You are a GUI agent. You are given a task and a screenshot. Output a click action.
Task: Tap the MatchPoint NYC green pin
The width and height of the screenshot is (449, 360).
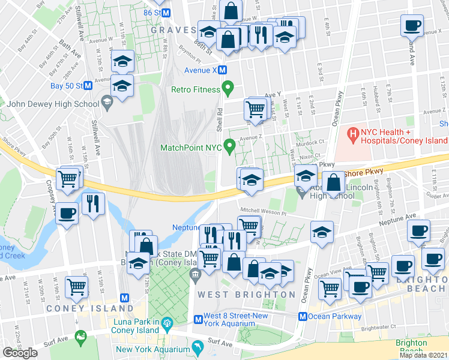tap(229, 146)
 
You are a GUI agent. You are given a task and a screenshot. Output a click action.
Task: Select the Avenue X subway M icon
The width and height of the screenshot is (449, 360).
tap(222, 70)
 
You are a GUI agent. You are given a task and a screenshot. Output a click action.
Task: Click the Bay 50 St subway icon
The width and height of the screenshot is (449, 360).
tap(88, 85)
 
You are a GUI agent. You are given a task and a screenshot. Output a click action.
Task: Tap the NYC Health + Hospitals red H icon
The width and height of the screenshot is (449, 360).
tap(354, 132)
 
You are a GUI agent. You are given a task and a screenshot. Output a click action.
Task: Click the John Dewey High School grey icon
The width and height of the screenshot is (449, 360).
tap(106, 103)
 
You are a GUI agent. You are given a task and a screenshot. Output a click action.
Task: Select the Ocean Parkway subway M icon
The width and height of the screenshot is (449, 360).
tap(303, 316)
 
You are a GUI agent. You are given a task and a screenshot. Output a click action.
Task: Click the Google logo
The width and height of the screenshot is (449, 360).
tap(20, 353)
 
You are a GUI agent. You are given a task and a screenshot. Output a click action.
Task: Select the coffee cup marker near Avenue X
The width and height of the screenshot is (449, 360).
tap(412, 26)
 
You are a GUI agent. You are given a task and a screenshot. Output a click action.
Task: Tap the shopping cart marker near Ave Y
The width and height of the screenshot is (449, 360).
tap(255, 110)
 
